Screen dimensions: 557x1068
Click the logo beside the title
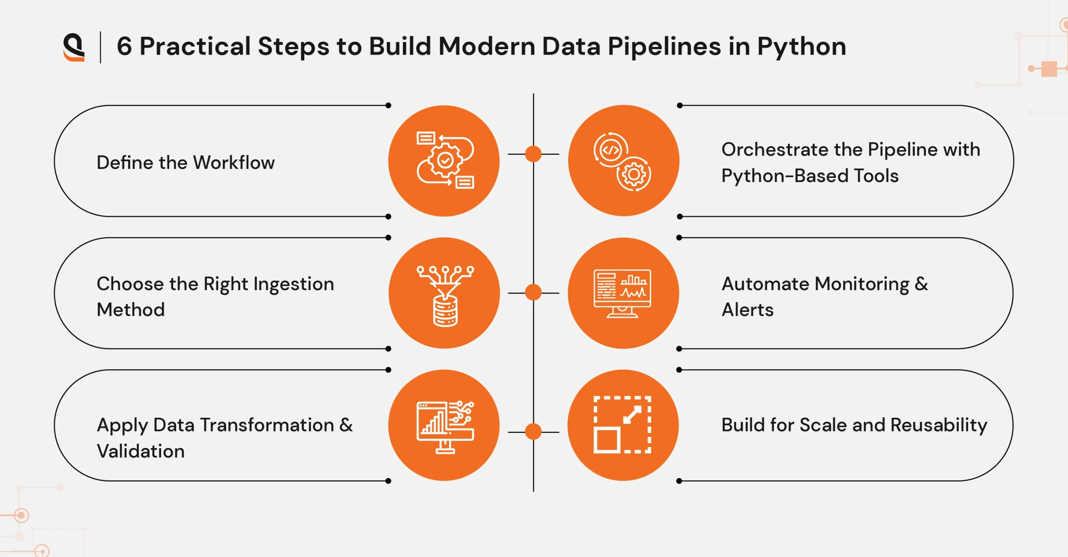tap(74, 47)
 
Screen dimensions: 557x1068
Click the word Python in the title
tap(801, 46)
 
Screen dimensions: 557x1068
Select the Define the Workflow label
tap(186, 163)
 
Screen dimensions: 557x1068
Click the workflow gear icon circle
tap(444, 161)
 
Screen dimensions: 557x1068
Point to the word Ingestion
tap(294, 284)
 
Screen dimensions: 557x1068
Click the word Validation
tap(141, 451)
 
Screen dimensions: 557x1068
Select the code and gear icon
tap(623, 161)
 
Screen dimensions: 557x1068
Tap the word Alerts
tap(748, 310)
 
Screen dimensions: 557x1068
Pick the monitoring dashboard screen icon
tap(622, 293)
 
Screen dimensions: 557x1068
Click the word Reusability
tap(939, 425)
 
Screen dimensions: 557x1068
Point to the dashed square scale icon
tap(622, 425)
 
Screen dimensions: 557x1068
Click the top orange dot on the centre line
tap(533, 154)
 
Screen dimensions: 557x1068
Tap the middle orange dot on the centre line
tap(533, 292)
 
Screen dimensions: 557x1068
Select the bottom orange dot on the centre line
tap(533, 432)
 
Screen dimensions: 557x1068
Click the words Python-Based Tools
tap(810, 176)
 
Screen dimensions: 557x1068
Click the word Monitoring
tap(862, 284)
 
